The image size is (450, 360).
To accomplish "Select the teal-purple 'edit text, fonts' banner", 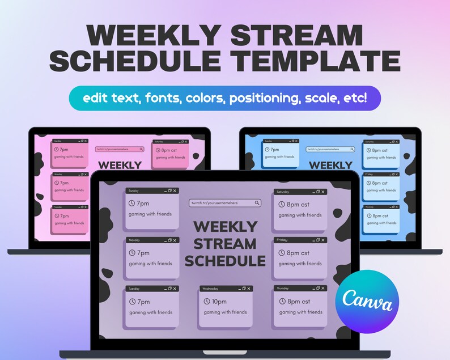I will tap(224, 98).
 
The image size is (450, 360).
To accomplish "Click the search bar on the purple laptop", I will tap(225, 203).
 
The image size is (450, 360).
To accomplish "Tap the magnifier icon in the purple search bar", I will tap(257, 203).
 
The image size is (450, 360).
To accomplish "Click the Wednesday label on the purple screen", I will tap(209, 289).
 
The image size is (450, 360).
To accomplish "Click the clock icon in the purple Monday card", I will tap(132, 253).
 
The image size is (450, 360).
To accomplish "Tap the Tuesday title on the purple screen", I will tap(134, 289).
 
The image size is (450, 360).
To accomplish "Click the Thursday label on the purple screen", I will tap(282, 289).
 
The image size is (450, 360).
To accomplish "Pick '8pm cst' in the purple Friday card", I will tap(298, 253).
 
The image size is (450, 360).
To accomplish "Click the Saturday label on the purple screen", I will tap(283, 192).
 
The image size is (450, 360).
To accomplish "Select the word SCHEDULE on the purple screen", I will tap(225, 261).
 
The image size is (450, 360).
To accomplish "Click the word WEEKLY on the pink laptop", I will tap(120, 165).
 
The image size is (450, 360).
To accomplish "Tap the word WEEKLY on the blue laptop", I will tap(330, 165).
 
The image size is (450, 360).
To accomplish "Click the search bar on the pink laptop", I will tap(120, 149).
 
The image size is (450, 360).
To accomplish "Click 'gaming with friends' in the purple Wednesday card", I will tap(225, 312).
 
